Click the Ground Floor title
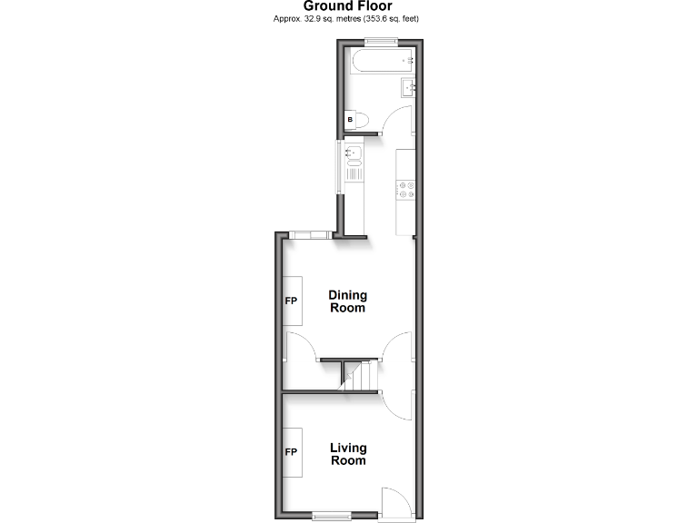click(348, 6)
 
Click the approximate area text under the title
click(348, 18)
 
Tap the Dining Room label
click(347, 301)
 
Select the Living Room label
click(347, 454)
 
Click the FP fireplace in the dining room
click(292, 301)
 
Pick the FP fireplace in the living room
click(292, 452)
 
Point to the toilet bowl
click(361, 119)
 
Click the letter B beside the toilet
click(350, 119)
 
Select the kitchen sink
click(353, 153)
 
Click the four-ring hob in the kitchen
click(406, 190)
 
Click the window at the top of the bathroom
click(381, 41)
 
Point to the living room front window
click(331, 517)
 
